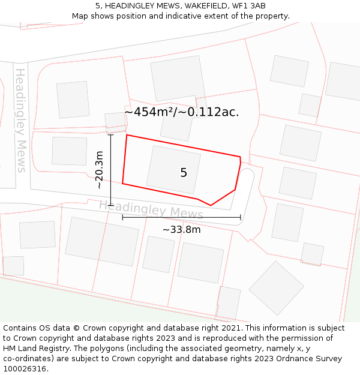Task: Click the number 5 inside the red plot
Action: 184,173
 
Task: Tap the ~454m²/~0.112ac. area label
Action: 182,112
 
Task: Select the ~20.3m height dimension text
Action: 100,170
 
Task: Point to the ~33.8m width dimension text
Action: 181,229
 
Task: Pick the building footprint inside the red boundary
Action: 173,169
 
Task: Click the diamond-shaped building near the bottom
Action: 277,288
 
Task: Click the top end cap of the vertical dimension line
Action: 111,135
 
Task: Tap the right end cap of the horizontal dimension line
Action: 241,217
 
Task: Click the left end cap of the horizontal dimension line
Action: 122,217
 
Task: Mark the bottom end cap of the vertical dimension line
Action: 111,205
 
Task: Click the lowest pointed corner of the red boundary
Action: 211,205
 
